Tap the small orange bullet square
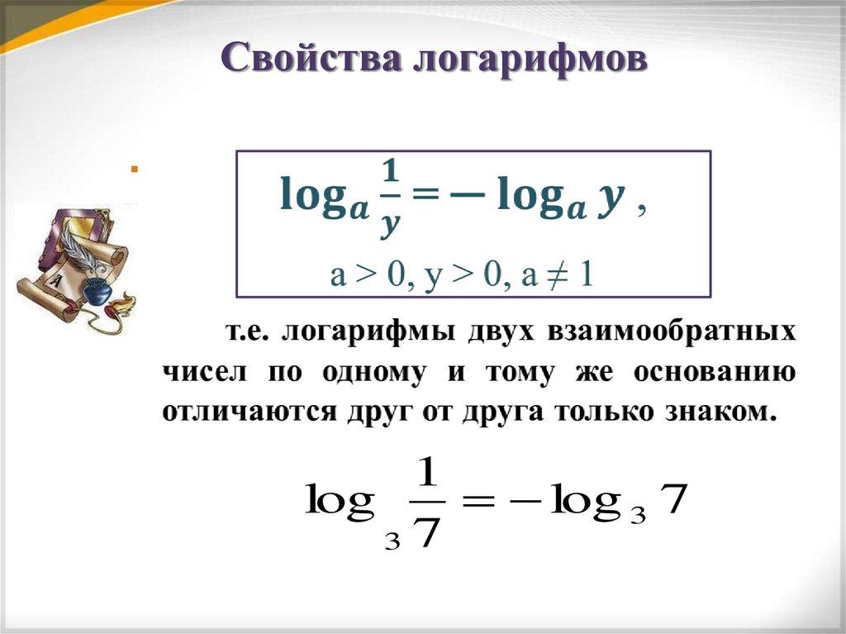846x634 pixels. click(x=132, y=170)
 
